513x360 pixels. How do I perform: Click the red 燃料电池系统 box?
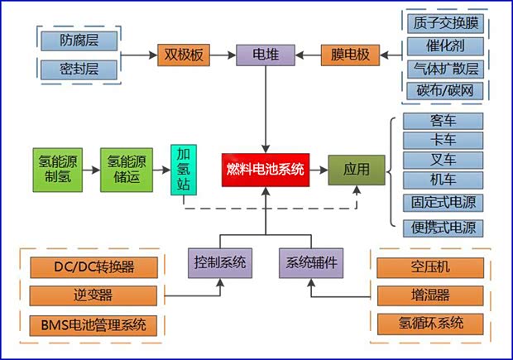(x=266, y=170)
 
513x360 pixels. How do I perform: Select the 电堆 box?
(x=264, y=55)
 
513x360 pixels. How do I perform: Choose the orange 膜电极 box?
(x=351, y=55)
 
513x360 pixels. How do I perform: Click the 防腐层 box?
(x=79, y=39)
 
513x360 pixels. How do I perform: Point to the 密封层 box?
(x=79, y=68)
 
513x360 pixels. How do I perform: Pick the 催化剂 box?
(x=442, y=46)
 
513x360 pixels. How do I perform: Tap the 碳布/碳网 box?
(x=442, y=89)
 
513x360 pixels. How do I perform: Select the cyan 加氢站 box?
(x=183, y=169)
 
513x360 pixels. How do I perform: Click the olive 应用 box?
(x=357, y=169)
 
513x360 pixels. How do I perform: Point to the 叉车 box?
(x=442, y=160)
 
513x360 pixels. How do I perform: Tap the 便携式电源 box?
(x=442, y=226)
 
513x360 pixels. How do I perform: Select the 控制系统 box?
(x=219, y=263)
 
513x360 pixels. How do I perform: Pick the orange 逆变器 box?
(x=92, y=295)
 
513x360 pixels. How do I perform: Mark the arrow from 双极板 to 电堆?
(x=223, y=55)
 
